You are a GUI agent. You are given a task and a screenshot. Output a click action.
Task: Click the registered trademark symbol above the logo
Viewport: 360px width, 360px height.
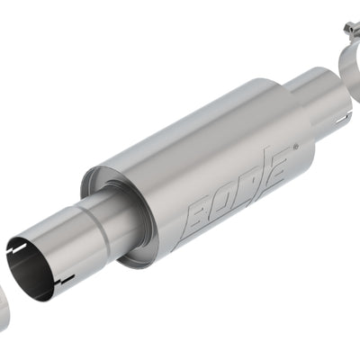point(296,148)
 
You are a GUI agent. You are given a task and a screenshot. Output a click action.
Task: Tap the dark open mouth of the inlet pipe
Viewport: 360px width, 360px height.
point(29,268)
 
